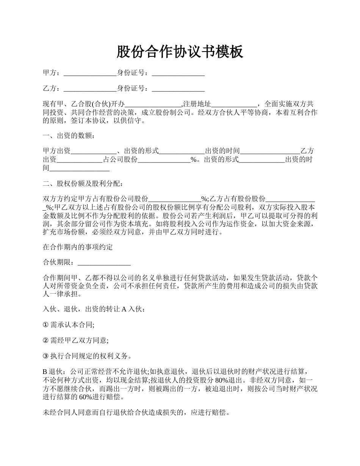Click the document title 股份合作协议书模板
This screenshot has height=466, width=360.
(180, 52)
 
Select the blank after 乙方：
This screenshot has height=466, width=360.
(90, 89)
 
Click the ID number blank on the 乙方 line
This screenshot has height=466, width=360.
(178, 89)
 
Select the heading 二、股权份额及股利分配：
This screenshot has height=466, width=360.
(83, 184)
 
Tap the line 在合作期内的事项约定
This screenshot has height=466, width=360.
(78, 247)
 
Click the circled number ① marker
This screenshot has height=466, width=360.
(46, 325)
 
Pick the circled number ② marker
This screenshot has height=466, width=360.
(46, 341)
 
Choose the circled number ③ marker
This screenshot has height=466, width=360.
(46, 356)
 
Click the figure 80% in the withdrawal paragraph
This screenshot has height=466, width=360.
(222, 380)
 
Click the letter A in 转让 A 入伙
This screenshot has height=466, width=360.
(124, 309)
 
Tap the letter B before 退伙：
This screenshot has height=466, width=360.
(45, 372)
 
